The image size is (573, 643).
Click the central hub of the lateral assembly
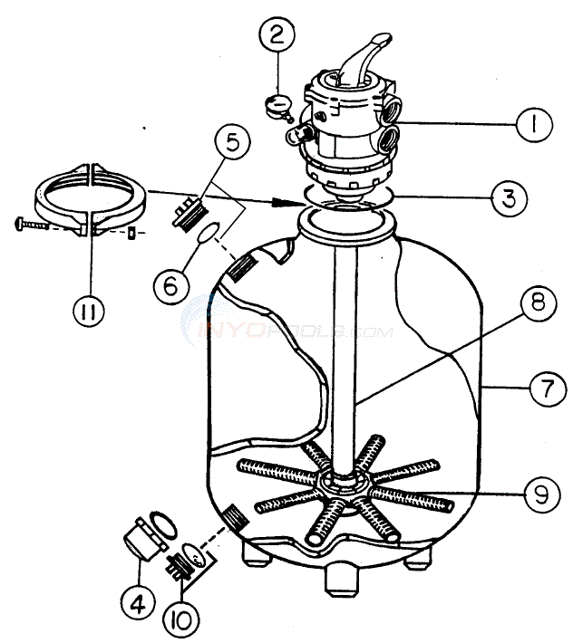[340, 482]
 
